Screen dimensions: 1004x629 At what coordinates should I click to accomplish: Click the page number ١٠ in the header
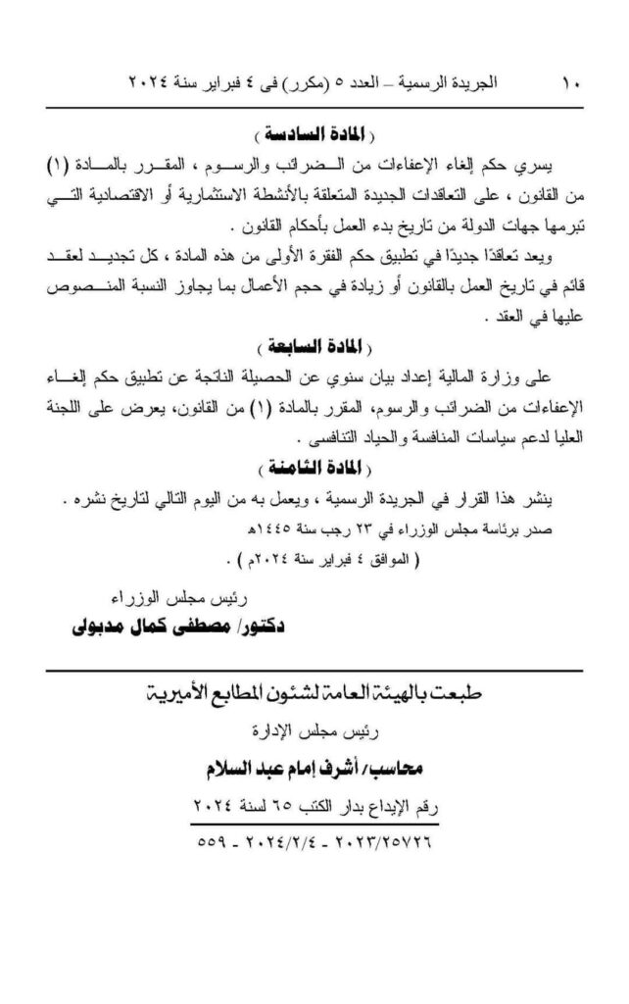(x=571, y=84)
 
